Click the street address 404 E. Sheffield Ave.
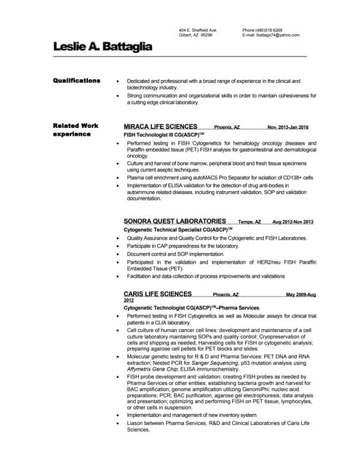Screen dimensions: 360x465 click(198, 30)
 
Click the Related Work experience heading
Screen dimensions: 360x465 click(76, 130)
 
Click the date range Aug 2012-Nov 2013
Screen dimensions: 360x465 click(292, 222)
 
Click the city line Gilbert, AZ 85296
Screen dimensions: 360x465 click(196, 35)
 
